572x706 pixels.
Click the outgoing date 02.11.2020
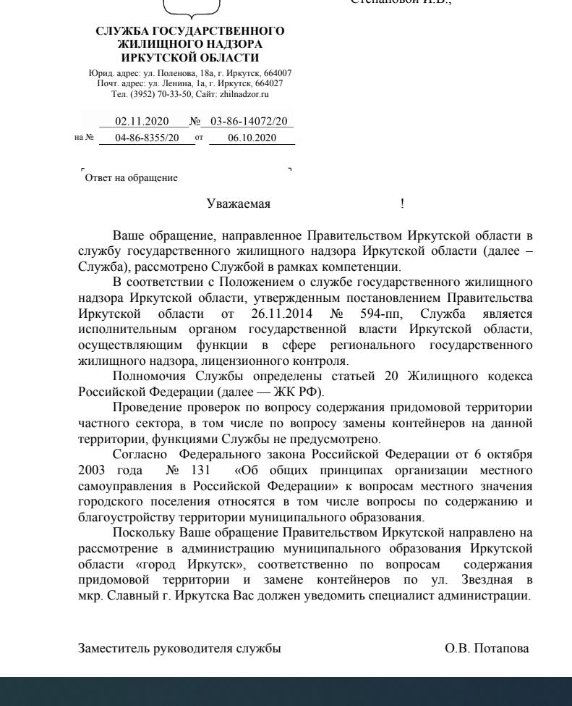point(142,122)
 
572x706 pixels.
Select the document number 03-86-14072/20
point(248,122)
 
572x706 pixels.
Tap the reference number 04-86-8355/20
point(147,138)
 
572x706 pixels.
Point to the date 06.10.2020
point(252,138)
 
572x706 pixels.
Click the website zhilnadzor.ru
point(245,94)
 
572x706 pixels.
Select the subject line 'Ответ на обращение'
point(131,178)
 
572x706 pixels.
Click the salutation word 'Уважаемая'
point(239,204)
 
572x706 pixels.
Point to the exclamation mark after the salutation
point(402,204)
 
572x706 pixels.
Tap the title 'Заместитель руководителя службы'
point(179,649)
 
